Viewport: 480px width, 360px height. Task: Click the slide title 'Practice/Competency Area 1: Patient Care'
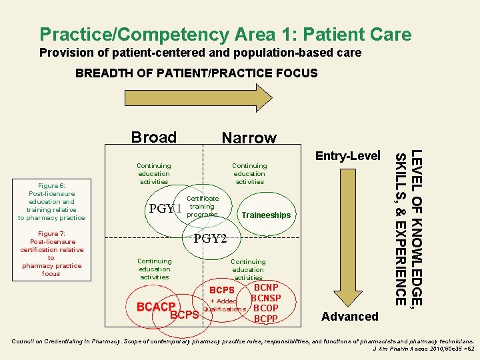click(x=225, y=34)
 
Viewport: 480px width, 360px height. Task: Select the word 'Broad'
click(x=154, y=137)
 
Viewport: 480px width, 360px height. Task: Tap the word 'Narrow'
click(x=249, y=138)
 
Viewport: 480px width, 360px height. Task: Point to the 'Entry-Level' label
click(x=347, y=155)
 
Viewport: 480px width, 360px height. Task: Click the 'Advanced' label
click(x=349, y=317)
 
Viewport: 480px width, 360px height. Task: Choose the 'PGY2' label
click(x=210, y=239)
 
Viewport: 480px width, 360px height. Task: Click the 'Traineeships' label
click(x=266, y=215)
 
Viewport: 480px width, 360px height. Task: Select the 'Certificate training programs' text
click(x=202, y=207)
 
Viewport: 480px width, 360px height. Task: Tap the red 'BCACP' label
click(x=155, y=307)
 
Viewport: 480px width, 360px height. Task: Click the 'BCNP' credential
click(x=266, y=288)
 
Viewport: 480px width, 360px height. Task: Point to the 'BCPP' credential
click(x=266, y=319)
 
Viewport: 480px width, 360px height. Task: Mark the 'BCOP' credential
click(x=266, y=309)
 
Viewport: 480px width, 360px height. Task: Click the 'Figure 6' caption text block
click(x=51, y=201)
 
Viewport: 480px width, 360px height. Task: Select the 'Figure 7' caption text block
click(x=51, y=253)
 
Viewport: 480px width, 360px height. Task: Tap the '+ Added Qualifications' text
click(x=224, y=305)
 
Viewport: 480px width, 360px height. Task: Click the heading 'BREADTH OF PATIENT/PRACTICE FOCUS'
click(x=197, y=73)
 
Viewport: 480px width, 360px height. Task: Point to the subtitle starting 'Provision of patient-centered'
click(x=200, y=52)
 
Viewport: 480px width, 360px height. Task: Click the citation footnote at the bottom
click(x=240, y=344)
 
